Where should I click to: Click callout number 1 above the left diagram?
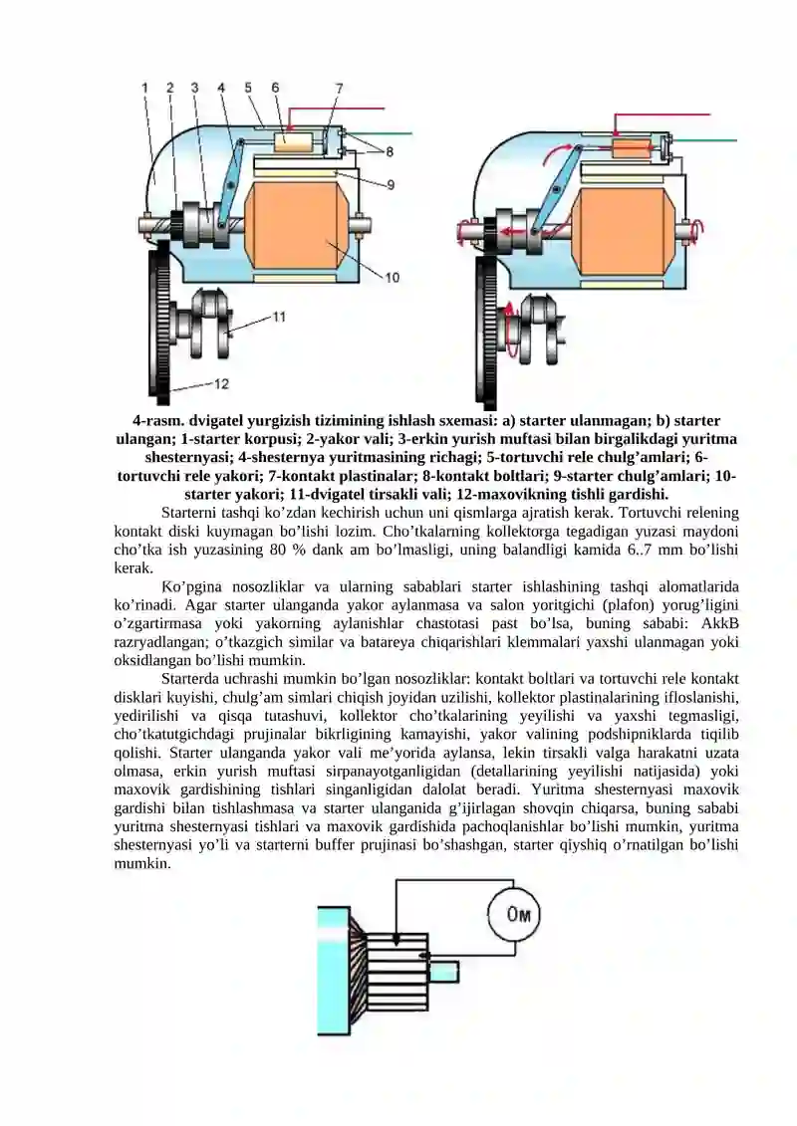[145, 88]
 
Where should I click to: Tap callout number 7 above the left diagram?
[340, 88]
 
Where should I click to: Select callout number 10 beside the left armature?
[393, 278]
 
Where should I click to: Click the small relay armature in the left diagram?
[294, 139]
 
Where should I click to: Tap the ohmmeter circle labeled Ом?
[517, 915]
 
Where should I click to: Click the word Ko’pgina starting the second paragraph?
[189, 587]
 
